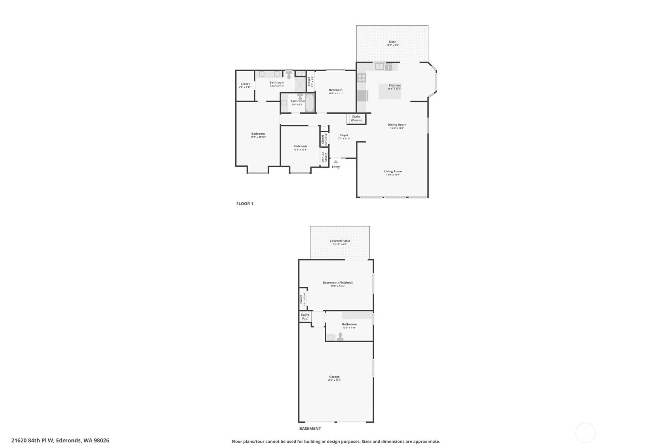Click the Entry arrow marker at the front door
336,162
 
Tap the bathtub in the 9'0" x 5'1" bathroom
309,103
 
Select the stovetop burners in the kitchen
362,78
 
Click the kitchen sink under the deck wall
379,67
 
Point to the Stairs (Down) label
356,118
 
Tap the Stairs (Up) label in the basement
305,316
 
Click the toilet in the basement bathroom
340,336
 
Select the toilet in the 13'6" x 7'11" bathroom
289,75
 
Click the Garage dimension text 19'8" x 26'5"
334,380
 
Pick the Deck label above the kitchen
392,42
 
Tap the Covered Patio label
340,241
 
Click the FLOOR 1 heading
245,204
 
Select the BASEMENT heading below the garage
310,429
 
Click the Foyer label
344,135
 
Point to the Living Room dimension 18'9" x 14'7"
393,175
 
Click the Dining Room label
397,125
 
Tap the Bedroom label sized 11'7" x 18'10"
258,133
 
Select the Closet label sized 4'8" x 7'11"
245,84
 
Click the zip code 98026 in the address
101,440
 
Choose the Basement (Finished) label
337,282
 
